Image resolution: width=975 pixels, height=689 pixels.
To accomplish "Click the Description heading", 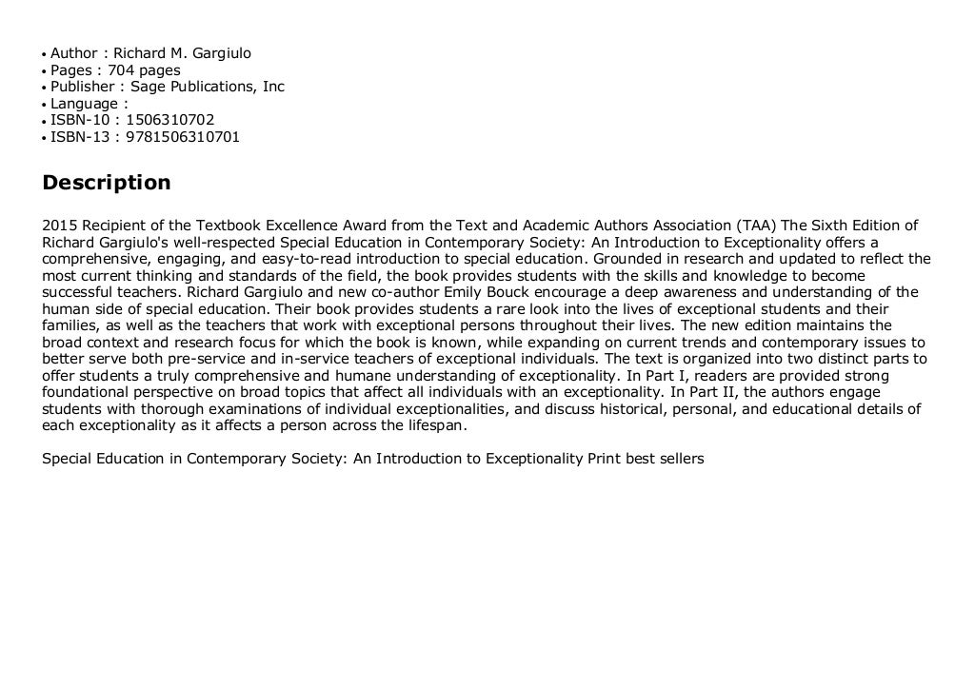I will (x=107, y=182).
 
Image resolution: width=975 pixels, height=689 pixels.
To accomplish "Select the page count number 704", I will (x=121, y=69).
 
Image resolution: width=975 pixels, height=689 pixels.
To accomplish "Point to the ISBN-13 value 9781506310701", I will (x=183, y=137).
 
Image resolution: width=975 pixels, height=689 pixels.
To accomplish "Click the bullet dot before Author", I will (x=44, y=54).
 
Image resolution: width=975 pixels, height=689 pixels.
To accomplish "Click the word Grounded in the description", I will (x=626, y=259).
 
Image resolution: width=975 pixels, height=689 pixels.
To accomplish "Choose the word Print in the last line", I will (x=604, y=459).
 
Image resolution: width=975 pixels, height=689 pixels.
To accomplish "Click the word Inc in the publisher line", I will (x=273, y=87).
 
